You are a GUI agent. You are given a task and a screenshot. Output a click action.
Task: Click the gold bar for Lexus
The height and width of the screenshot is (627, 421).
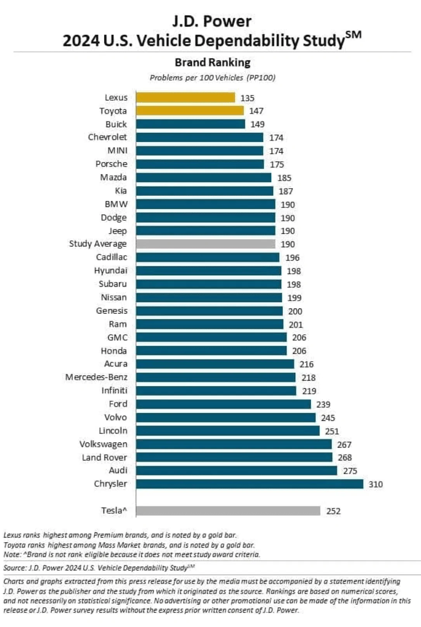point(185,98)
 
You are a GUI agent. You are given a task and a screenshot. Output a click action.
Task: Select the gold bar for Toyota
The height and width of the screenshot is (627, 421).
point(190,111)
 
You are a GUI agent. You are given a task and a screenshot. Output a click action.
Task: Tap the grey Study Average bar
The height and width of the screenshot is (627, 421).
point(205,244)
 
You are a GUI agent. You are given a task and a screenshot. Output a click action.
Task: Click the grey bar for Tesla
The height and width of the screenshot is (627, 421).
point(228,511)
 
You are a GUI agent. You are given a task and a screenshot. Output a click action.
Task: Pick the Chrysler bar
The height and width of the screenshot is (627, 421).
point(249,484)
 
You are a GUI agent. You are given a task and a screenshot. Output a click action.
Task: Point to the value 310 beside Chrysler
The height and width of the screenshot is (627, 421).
point(376,484)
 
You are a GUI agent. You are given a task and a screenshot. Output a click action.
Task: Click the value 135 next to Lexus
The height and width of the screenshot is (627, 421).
point(247,98)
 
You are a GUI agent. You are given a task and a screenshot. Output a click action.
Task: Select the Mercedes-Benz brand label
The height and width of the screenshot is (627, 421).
point(96,377)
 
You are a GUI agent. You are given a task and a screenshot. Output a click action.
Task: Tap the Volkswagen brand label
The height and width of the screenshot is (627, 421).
point(103,444)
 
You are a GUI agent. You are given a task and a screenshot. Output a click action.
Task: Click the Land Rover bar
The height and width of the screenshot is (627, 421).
point(234,458)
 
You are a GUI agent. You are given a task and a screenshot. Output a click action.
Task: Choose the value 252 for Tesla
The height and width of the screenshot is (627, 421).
point(333,511)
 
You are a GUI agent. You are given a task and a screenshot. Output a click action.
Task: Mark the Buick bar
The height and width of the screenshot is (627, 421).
point(191,124)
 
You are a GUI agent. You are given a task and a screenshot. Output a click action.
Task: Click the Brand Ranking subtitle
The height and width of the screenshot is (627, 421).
point(212,62)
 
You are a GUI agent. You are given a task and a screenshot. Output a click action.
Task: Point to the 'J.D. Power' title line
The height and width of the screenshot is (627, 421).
point(212,21)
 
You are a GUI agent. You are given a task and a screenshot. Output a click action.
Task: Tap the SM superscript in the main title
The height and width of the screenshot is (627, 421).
point(353,35)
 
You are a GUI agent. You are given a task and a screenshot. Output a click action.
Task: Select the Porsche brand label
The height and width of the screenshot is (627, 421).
point(111,164)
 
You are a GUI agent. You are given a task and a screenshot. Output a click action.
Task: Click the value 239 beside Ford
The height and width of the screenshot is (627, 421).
point(323,405)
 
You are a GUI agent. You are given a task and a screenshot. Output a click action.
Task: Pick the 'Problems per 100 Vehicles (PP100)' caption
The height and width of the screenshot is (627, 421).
point(213,78)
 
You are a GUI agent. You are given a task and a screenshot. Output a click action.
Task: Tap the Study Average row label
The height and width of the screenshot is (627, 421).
point(98,244)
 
